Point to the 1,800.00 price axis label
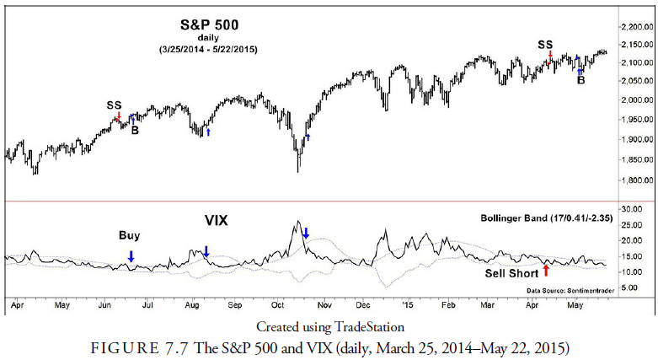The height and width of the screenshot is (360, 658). tap(636, 180)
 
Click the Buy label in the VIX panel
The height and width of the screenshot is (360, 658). tap(129, 236)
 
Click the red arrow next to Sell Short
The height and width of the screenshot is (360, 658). tap(546, 271)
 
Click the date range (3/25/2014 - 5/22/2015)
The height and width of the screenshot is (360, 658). tap(207, 50)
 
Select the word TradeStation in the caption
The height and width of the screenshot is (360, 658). tap(372, 326)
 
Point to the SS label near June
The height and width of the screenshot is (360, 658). tap(114, 105)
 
